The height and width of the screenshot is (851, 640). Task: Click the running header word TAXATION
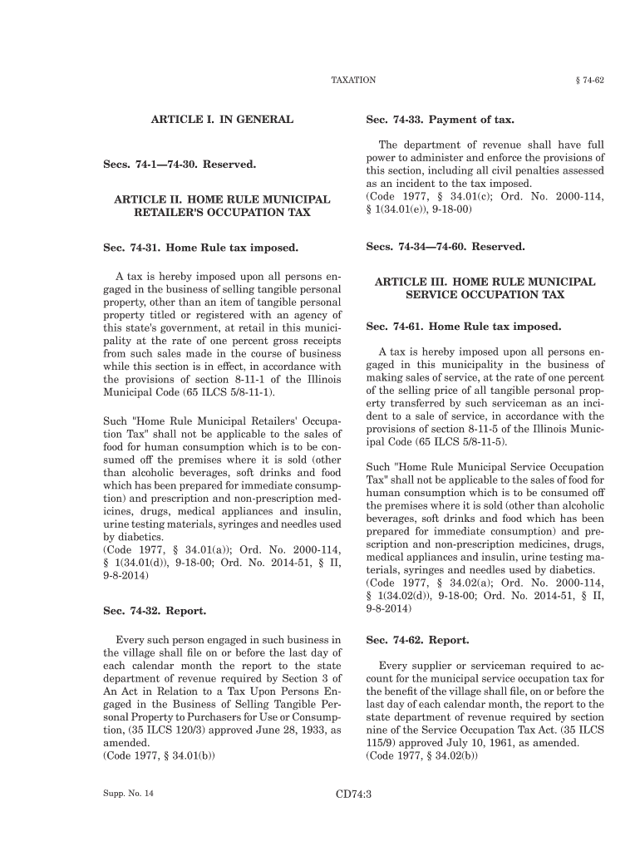coord(353,80)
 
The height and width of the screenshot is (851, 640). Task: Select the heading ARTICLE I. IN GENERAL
coord(221,120)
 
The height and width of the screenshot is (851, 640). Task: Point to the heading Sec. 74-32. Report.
coord(154,611)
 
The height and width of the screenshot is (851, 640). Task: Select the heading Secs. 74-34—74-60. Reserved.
coord(446,247)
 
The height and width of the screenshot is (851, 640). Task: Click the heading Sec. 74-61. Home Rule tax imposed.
coord(463,327)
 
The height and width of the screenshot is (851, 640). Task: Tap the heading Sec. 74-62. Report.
coord(417,641)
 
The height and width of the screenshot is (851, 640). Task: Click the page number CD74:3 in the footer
coord(353,794)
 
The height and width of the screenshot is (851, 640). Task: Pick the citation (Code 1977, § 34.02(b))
coord(421,756)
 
